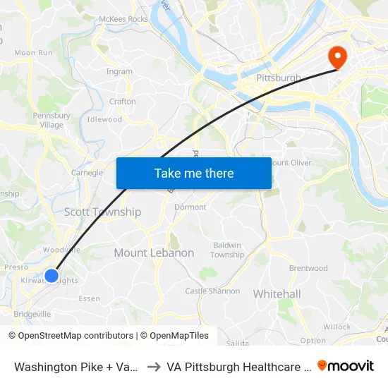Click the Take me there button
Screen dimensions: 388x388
194,174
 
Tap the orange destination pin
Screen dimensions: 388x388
338,56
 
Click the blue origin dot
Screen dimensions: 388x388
51,276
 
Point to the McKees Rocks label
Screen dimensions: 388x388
124,19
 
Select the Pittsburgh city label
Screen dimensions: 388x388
279,78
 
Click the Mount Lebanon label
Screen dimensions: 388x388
154,253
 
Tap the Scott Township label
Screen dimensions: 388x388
102,212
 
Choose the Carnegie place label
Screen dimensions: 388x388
87,172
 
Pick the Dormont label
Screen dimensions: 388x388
190,207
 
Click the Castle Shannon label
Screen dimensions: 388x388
212,291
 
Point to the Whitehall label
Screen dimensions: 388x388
277,293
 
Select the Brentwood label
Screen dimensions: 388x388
308,268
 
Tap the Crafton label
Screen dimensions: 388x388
123,102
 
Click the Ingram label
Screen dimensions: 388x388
119,71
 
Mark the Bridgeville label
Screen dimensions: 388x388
32,313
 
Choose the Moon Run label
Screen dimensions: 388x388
34,52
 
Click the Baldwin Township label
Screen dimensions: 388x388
227,250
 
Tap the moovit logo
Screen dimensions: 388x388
346,366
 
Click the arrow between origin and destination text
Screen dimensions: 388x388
153,367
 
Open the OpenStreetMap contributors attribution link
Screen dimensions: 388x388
75,336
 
